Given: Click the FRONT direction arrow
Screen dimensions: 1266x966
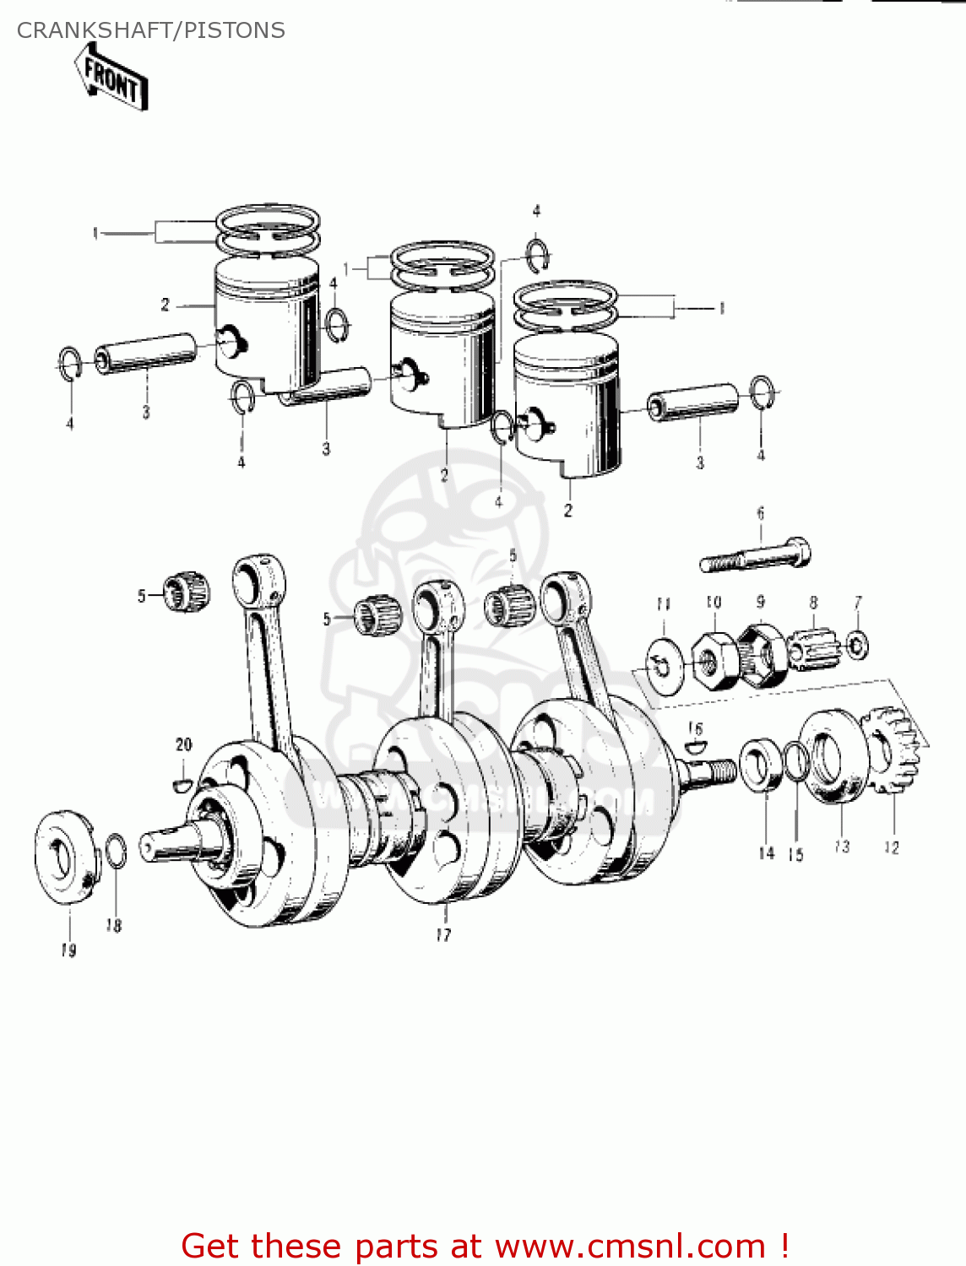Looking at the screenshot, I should pos(111,78).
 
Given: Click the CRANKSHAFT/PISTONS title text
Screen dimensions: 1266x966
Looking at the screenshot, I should pos(151,30).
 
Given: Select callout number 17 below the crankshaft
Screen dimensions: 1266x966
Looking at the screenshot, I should pos(443,934).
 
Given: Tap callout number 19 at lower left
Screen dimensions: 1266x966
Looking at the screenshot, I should pos(68,950).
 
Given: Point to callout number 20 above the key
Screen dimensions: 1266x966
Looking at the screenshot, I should pos(183,744).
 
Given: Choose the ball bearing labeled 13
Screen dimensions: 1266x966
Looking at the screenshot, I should pos(833,756).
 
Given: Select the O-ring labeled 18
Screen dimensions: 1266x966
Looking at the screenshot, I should pos(117,850).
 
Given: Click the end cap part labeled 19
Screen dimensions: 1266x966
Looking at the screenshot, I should pos(66,857).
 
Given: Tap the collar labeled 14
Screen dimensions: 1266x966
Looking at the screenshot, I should pos(762,765).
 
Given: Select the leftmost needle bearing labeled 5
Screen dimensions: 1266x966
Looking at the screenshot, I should pos(186,591).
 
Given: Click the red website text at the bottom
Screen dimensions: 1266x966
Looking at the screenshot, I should pos(486,1246).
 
